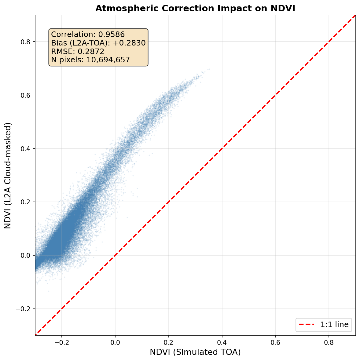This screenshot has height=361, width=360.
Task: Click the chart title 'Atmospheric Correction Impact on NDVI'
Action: pos(195,8)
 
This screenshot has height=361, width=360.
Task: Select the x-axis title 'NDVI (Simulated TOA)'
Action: pos(195,352)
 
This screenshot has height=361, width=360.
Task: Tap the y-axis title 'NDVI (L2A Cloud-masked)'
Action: pos(8,175)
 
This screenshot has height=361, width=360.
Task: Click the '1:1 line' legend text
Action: pos(334,325)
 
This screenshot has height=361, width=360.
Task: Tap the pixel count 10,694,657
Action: pos(109,60)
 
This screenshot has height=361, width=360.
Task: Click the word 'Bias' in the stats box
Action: pos(58,43)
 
